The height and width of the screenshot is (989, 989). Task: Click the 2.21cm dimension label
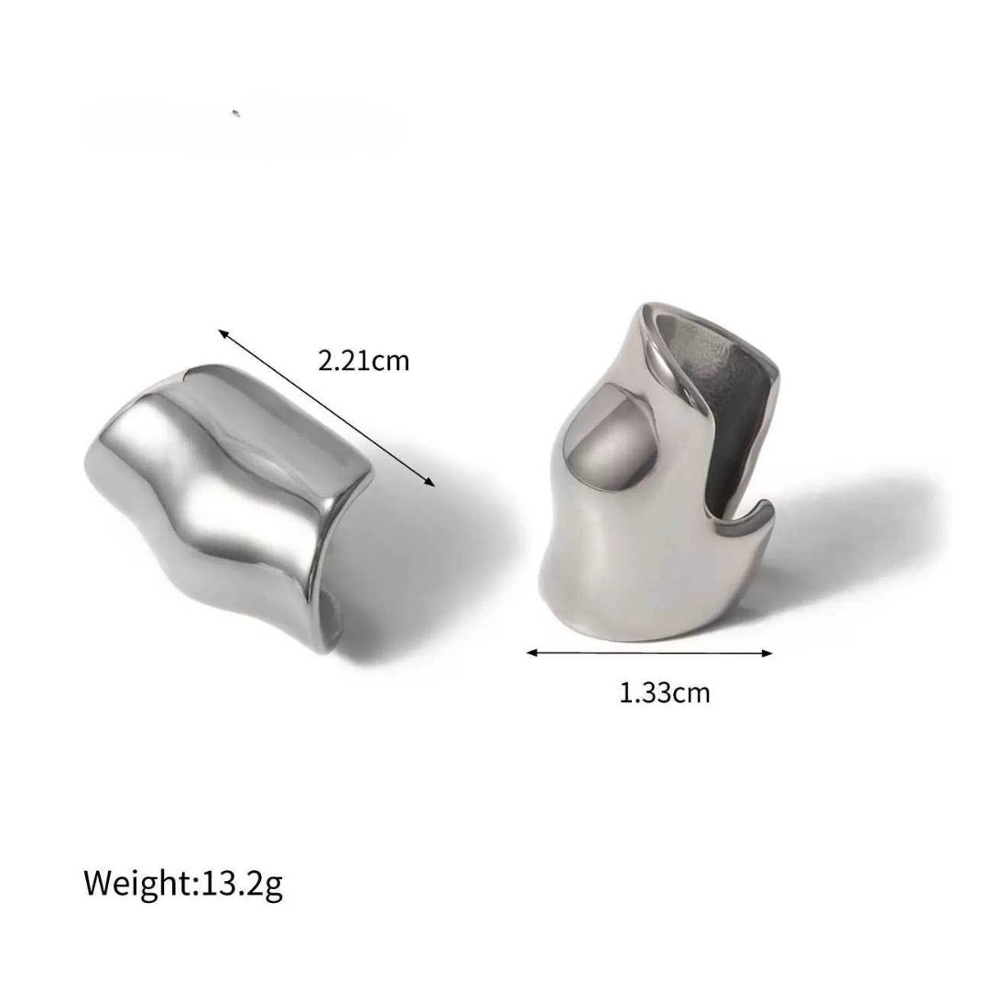364,360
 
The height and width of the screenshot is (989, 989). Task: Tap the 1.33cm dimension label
664,692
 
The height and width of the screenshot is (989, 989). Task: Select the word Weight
136,884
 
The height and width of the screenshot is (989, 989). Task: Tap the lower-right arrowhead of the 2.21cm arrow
430,484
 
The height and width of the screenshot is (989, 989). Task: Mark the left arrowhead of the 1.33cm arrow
530,653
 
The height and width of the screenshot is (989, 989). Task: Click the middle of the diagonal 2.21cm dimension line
326,409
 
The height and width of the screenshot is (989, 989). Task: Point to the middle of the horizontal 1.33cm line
650,653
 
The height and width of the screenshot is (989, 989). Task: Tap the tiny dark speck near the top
236,114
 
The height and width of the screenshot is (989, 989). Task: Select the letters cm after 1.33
691,693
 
